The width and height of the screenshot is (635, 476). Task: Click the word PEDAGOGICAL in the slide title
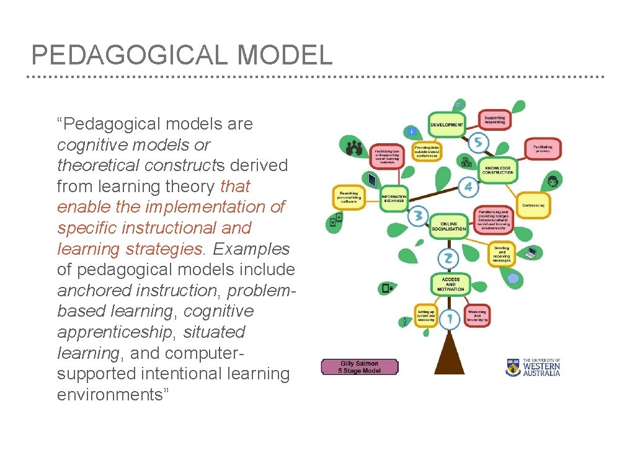(130, 56)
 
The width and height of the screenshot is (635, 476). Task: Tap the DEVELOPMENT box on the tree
(446, 125)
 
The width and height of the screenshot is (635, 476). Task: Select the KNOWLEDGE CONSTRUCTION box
(498, 169)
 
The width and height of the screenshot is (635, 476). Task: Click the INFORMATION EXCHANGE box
(394, 198)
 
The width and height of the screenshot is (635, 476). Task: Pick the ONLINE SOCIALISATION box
(449, 226)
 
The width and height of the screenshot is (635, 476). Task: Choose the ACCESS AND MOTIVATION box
(451, 284)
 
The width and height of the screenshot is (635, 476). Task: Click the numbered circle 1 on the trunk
(450, 319)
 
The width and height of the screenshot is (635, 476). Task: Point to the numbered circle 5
(477, 143)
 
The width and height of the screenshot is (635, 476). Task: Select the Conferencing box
(533, 205)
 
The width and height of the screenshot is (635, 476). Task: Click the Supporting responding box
(494, 120)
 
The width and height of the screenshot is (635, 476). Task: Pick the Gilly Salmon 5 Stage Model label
(360, 367)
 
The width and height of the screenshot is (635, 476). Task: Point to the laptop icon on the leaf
(531, 252)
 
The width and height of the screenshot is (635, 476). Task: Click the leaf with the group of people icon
(354, 148)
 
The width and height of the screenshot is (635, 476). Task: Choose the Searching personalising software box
(348, 197)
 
